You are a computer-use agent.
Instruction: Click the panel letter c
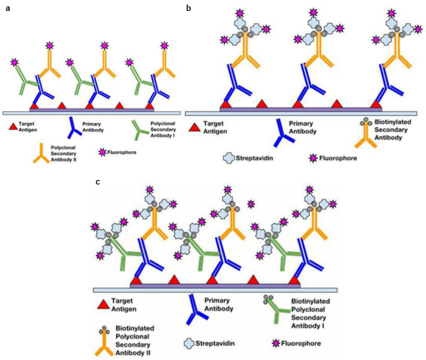(x=97, y=182)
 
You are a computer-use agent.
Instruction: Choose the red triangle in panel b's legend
(x=194, y=127)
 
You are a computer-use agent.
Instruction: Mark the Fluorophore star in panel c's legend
(x=276, y=343)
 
